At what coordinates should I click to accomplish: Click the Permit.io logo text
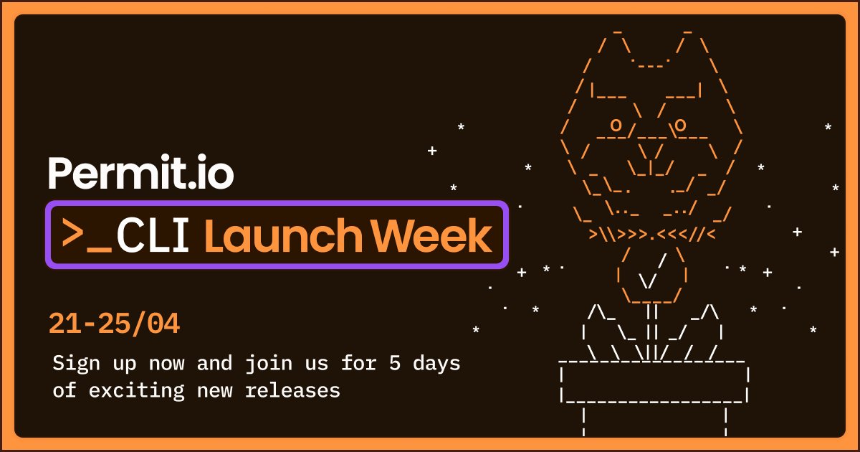pos(140,173)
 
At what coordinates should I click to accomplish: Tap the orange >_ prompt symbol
pos(87,235)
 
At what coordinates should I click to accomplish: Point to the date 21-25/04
pos(114,324)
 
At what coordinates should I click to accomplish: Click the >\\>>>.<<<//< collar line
pos(652,234)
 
